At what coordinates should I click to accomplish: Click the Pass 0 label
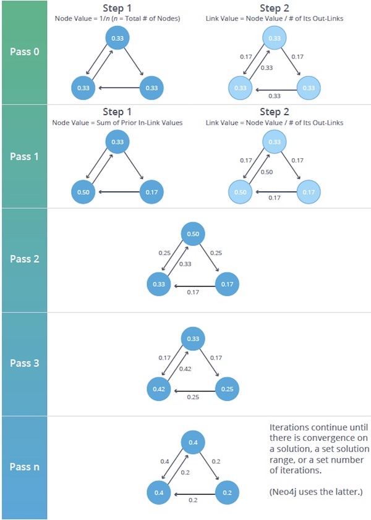(25, 51)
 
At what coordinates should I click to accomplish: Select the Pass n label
(25, 467)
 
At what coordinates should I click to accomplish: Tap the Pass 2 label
(25, 259)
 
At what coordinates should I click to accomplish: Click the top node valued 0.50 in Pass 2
(193, 235)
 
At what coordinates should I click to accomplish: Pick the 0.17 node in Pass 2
(227, 284)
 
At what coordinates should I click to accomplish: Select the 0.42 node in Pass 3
(158, 388)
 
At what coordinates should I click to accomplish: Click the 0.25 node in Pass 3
(227, 388)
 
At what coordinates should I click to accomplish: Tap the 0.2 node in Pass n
(227, 492)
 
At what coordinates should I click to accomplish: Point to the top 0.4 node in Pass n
(193, 443)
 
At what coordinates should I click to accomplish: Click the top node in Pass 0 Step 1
(117, 38)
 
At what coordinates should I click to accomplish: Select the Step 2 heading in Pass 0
(274, 9)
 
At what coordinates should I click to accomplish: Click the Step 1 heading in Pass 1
(117, 112)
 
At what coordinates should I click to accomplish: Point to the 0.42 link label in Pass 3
(184, 369)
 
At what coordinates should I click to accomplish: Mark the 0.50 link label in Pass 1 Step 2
(267, 172)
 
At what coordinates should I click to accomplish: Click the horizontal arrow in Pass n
(192, 493)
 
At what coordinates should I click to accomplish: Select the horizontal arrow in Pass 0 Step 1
(117, 88)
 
